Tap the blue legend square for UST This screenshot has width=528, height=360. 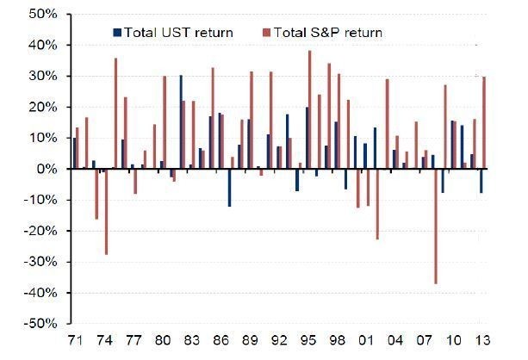click(x=118, y=33)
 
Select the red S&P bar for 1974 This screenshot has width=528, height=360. click(x=106, y=212)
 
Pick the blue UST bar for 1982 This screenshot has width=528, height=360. click(x=181, y=121)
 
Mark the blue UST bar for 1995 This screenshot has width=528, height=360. click(x=307, y=138)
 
